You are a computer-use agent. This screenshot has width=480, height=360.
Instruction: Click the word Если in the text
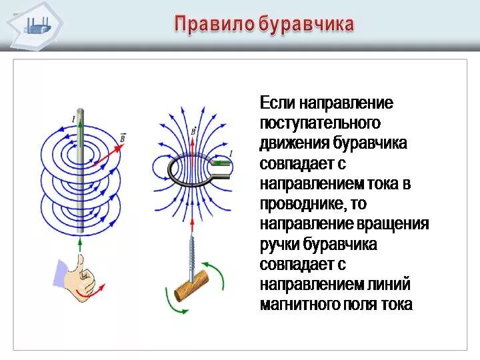(x=277, y=104)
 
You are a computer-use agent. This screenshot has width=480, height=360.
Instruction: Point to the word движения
(x=294, y=144)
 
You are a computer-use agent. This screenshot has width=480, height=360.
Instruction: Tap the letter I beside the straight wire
(x=73, y=119)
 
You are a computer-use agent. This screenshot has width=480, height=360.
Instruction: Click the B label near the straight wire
(x=123, y=137)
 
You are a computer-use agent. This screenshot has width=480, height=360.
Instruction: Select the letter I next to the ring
(x=231, y=154)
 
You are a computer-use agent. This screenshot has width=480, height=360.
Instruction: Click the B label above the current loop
(x=193, y=131)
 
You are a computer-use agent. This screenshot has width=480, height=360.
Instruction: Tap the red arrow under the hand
(x=85, y=292)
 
